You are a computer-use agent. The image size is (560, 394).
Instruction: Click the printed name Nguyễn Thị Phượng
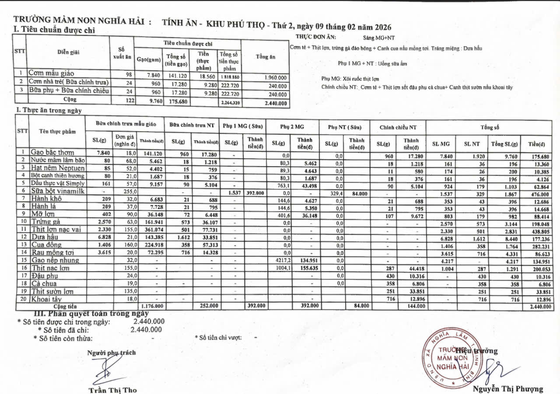507,389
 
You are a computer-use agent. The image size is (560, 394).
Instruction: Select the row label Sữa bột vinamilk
57,191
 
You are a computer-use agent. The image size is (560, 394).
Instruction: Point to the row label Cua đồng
46,244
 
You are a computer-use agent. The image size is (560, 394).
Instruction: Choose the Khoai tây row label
46,299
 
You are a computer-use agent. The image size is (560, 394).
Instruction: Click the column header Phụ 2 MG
292,127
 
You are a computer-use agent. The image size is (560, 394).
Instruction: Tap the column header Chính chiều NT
398,127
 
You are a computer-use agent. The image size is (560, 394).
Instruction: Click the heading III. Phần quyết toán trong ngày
91,313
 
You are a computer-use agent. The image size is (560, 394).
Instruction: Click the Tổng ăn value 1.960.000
275,77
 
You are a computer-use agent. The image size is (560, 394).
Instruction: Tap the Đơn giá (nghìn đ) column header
125,140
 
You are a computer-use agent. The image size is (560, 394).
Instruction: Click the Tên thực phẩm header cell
57,131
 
